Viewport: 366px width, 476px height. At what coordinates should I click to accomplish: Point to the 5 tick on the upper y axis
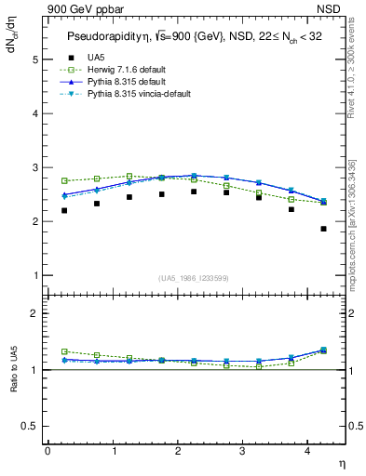(x=34, y=59)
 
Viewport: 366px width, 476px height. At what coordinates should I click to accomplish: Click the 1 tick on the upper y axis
(x=34, y=276)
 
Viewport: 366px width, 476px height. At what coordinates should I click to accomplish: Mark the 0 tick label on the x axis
(x=47, y=450)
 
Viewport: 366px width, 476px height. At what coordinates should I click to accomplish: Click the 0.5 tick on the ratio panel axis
(x=31, y=426)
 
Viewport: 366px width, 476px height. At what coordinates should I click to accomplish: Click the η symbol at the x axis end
(x=341, y=462)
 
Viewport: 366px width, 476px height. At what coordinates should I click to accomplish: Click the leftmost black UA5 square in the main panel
(x=63, y=210)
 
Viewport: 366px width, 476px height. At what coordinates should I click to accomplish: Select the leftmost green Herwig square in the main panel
(x=63, y=180)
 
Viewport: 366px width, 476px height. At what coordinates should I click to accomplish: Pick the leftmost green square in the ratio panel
(x=63, y=351)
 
